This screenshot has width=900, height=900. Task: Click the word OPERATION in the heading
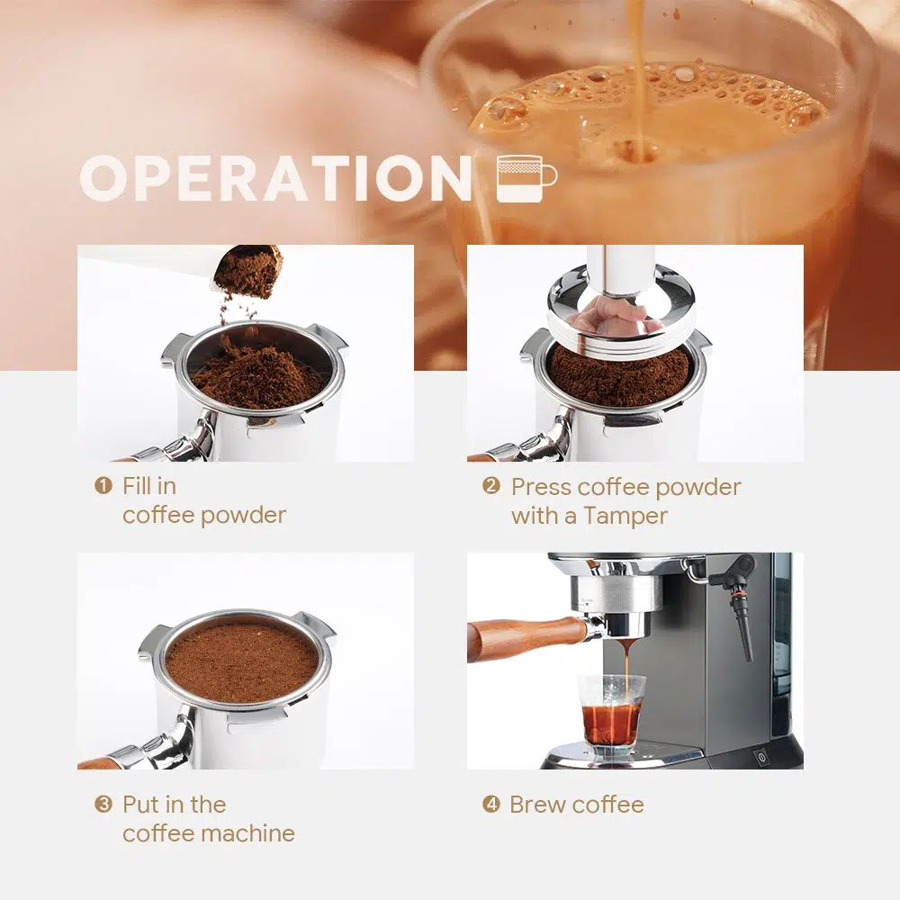click(275, 178)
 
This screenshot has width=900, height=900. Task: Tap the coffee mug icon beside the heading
click(526, 178)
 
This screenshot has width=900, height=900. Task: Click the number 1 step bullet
click(103, 486)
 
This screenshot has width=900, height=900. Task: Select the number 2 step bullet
click(491, 486)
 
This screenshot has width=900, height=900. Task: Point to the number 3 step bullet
click(103, 804)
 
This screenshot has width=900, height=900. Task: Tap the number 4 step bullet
click(491, 804)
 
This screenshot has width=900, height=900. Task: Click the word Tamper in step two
click(625, 516)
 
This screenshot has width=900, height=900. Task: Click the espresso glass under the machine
click(611, 715)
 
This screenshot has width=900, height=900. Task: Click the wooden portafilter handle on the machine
click(526, 638)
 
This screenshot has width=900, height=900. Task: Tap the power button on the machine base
click(761, 758)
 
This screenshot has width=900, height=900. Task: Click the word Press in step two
click(541, 487)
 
